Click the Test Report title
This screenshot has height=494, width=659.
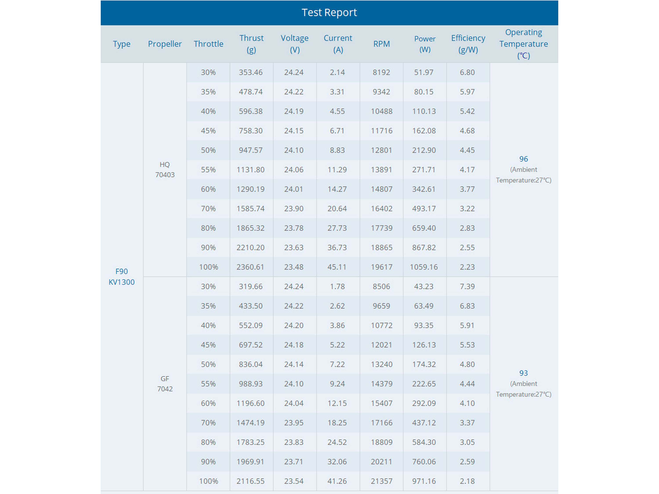[x=329, y=13]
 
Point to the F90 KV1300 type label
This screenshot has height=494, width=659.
[x=121, y=277]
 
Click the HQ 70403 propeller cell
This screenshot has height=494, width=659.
[x=165, y=170]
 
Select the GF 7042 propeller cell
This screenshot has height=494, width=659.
[x=165, y=384]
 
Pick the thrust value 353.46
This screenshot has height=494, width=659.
[x=251, y=72]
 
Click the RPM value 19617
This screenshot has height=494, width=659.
[x=381, y=267]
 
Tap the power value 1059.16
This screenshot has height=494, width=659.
[x=424, y=267]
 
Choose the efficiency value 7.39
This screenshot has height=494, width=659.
[x=467, y=287]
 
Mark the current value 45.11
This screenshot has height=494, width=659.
[x=337, y=267]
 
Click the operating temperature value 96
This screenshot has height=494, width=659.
[x=523, y=159]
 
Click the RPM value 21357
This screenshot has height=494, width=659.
[x=381, y=481]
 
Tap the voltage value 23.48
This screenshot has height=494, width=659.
[x=294, y=267]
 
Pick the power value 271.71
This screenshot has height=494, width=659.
[x=424, y=170]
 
